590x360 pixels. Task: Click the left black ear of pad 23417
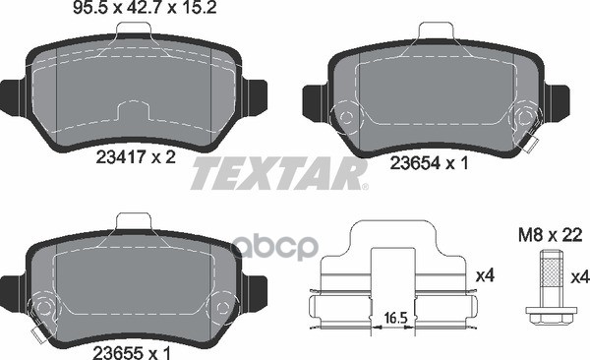tap(9, 94)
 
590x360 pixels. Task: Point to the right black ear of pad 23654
tap(560, 102)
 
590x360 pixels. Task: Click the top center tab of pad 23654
tap(434, 32)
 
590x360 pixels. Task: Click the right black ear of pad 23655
tap(258, 289)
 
